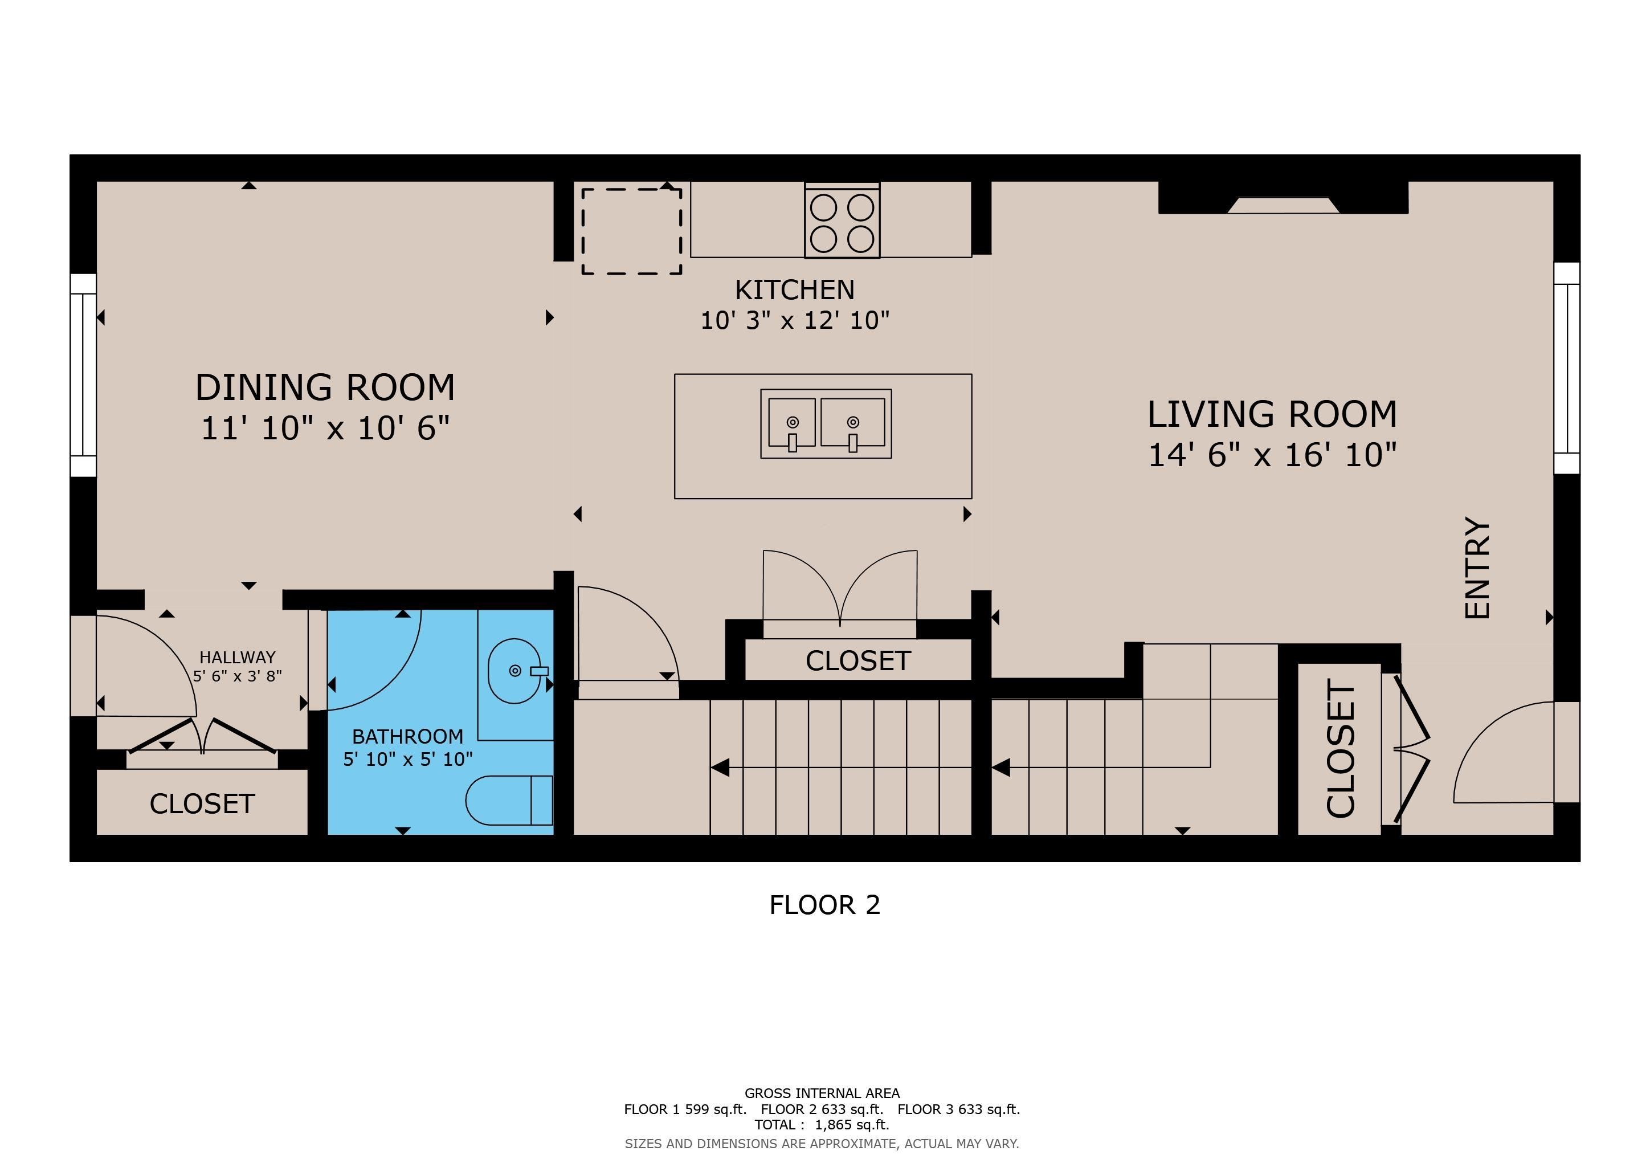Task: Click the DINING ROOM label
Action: pyautogui.click(x=325, y=387)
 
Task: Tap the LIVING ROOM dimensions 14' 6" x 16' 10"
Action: pyautogui.click(x=1272, y=455)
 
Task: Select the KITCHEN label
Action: pyautogui.click(x=795, y=289)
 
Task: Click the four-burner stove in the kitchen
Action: pyautogui.click(x=842, y=221)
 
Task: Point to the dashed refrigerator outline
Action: pyautogui.click(x=632, y=231)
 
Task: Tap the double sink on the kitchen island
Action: pyautogui.click(x=827, y=424)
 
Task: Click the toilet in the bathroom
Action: pyautogui.click(x=509, y=800)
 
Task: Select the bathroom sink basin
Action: pyautogui.click(x=514, y=671)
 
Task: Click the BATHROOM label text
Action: pyautogui.click(x=407, y=737)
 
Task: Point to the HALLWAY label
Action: pyautogui.click(x=237, y=658)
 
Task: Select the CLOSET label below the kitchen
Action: pyautogui.click(x=858, y=661)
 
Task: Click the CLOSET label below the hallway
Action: pyautogui.click(x=202, y=804)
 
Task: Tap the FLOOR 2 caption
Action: pyautogui.click(x=824, y=905)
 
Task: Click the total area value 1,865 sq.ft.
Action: pyautogui.click(x=852, y=1125)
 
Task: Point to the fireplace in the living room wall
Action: pyautogui.click(x=1283, y=198)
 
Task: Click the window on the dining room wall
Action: pyautogui.click(x=83, y=375)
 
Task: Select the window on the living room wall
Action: pyautogui.click(x=1567, y=368)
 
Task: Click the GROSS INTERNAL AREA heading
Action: pyautogui.click(x=822, y=1093)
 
